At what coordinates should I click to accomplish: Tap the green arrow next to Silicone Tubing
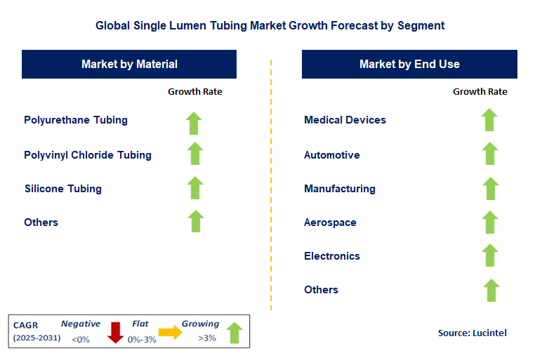(195, 188)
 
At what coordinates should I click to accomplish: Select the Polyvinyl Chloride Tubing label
(88, 154)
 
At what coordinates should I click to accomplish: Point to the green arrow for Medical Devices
(490, 120)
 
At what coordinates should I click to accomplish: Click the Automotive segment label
(332, 154)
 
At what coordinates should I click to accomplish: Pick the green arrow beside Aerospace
(490, 222)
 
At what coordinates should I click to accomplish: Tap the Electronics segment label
(332, 256)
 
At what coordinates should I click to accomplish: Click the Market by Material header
(129, 64)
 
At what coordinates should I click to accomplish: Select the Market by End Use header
(409, 64)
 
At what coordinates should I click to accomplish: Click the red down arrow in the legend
(115, 332)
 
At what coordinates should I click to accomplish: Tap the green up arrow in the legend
(235, 333)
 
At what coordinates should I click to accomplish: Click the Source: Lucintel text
(472, 333)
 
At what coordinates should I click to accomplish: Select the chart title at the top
(270, 25)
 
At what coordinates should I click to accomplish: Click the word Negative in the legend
(80, 324)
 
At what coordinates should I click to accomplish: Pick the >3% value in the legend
(207, 339)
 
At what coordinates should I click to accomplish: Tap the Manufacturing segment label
(340, 189)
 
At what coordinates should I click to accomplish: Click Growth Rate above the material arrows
(194, 92)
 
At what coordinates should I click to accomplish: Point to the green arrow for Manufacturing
(490, 188)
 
